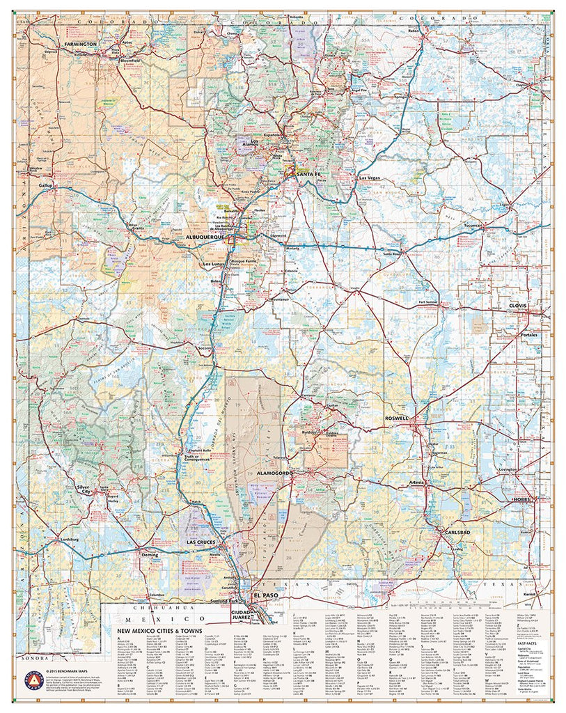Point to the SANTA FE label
click(308, 173)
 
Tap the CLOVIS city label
click(518, 306)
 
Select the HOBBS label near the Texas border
click(521, 499)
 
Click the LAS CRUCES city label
click(201, 541)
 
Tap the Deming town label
click(150, 555)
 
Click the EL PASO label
click(265, 596)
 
